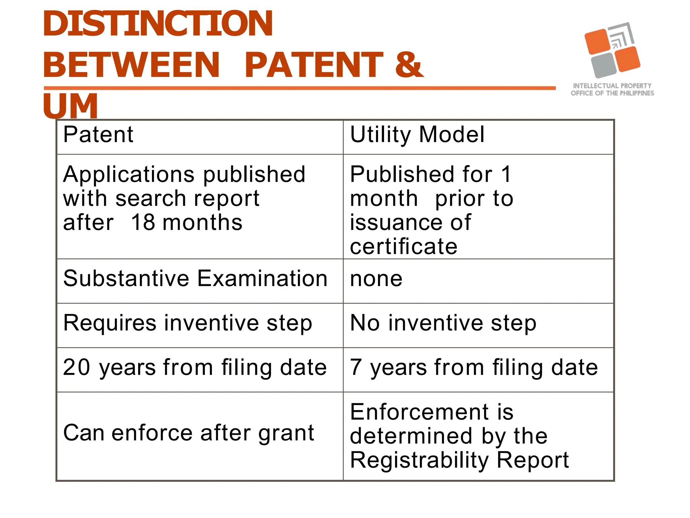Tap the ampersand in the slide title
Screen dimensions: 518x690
408,65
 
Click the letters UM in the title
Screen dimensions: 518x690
70,106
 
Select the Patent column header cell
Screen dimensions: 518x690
199,137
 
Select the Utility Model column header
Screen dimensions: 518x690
478,137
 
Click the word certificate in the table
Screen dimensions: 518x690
403,246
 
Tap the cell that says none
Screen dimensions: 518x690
478,281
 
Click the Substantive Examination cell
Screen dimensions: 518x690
199,281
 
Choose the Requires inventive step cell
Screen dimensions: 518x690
199,325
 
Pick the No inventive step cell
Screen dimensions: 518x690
478,325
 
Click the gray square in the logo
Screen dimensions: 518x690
603,65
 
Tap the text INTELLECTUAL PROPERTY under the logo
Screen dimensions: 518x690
612,86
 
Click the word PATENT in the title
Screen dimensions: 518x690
313,65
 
